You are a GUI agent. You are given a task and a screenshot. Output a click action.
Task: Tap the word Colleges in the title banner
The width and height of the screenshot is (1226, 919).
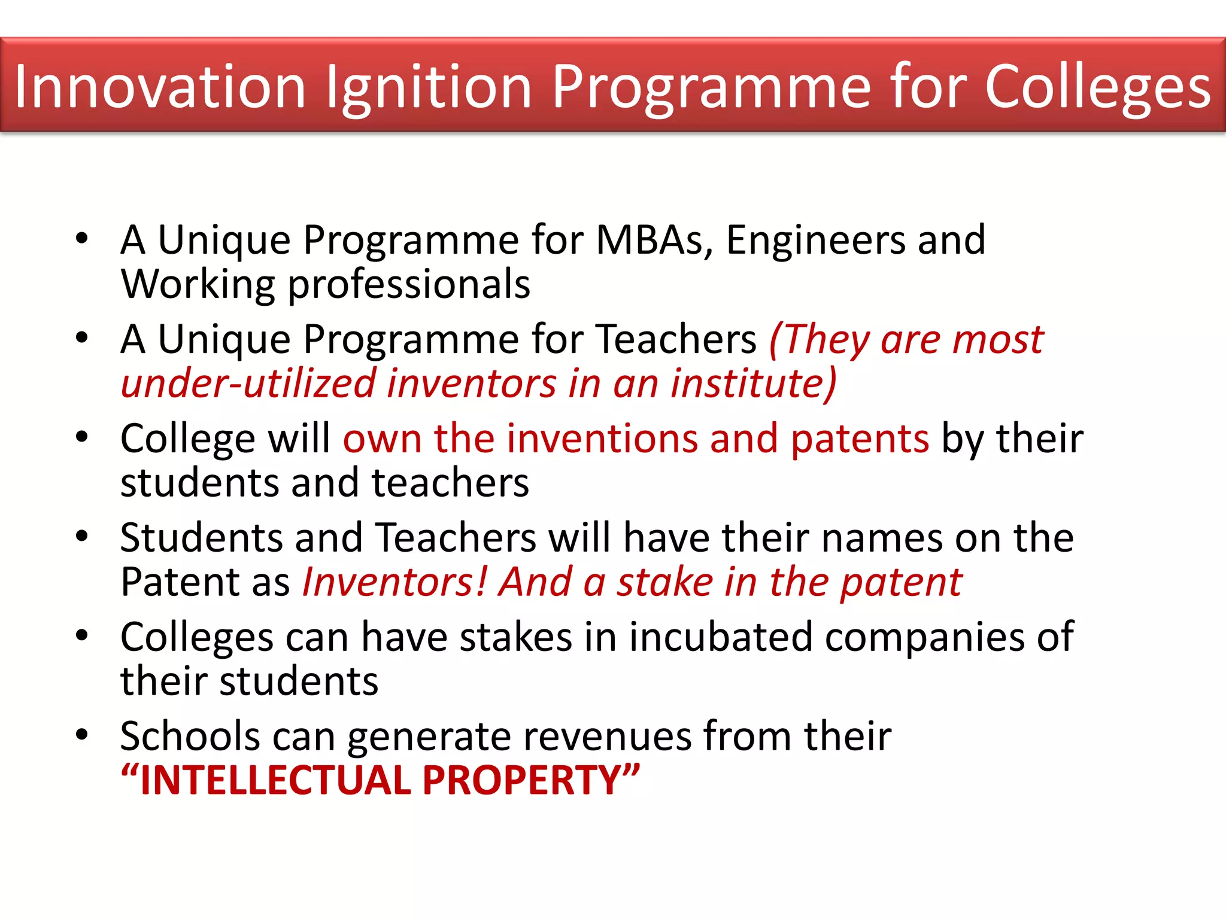[x=1098, y=87]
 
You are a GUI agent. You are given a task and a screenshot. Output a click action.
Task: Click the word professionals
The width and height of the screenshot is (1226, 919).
[x=409, y=285]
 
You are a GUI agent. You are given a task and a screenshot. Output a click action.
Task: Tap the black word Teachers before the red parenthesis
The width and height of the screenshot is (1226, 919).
[x=676, y=339]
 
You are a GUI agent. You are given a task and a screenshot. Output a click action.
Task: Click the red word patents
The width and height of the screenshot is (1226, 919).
[x=860, y=440]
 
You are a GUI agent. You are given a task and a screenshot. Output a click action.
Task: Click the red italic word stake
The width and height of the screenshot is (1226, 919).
[x=665, y=582]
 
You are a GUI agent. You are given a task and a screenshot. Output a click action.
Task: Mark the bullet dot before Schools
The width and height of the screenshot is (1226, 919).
[x=82, y=734]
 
